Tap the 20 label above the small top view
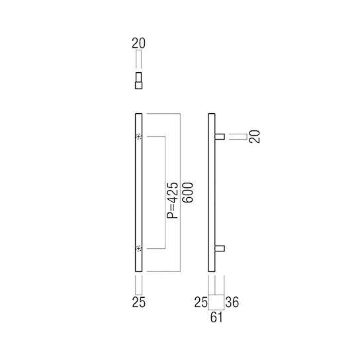point(138,44)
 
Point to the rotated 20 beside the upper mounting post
point(256,136)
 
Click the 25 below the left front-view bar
point(138,302)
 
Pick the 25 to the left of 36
point(201,302)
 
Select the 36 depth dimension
point(232,302)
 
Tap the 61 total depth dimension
point(216,318)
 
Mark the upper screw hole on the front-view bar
point(138,137)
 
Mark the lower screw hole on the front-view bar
point(138,249)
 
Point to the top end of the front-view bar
point(138,116)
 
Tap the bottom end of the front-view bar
point(138,269)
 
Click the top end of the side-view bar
point(212,116)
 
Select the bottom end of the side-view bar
point(212,269)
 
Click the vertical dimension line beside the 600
point(179,193)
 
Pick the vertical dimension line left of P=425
point(163,193)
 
